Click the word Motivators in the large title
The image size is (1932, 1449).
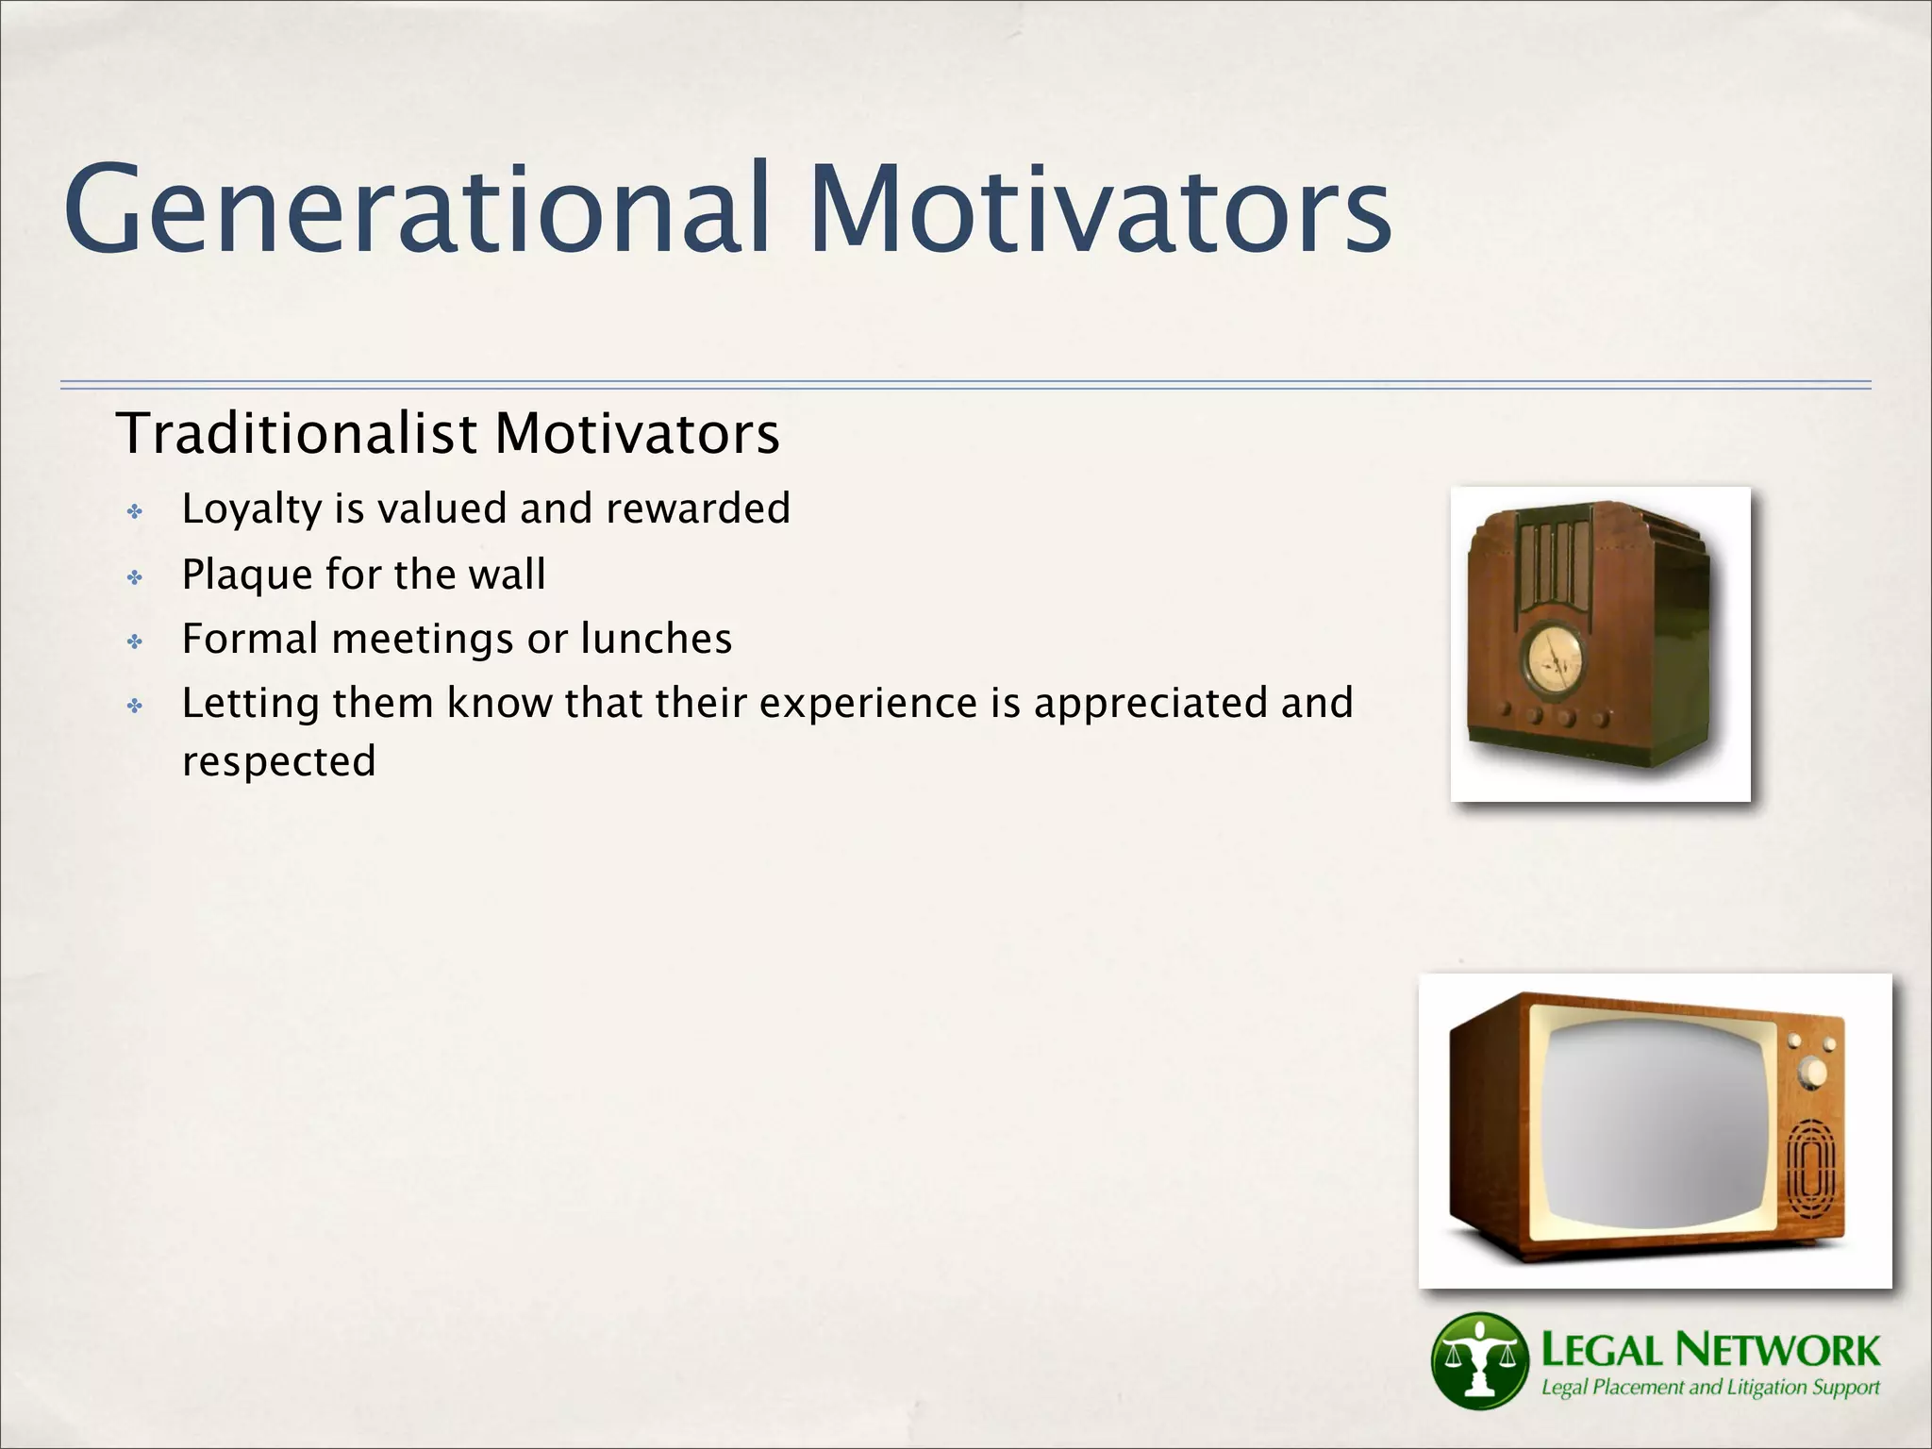click(x=1099, y=209)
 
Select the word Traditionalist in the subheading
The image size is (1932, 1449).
click(x=296, y=434)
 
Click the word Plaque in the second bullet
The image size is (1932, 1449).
click(x=247, y=575)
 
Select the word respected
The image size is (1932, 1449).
click(x=278, y=761)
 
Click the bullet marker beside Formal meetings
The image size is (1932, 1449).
click(x=135, y=642)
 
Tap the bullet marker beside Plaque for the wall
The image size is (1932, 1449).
click(x=135, y=577)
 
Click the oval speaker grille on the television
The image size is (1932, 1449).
click(x=1811, y=1170)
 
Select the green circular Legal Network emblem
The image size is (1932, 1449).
click(x=1478, y=1360)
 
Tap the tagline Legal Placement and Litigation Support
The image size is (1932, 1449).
click(x=1709, y=1388)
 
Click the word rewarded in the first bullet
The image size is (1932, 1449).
click(x=697, y=509)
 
